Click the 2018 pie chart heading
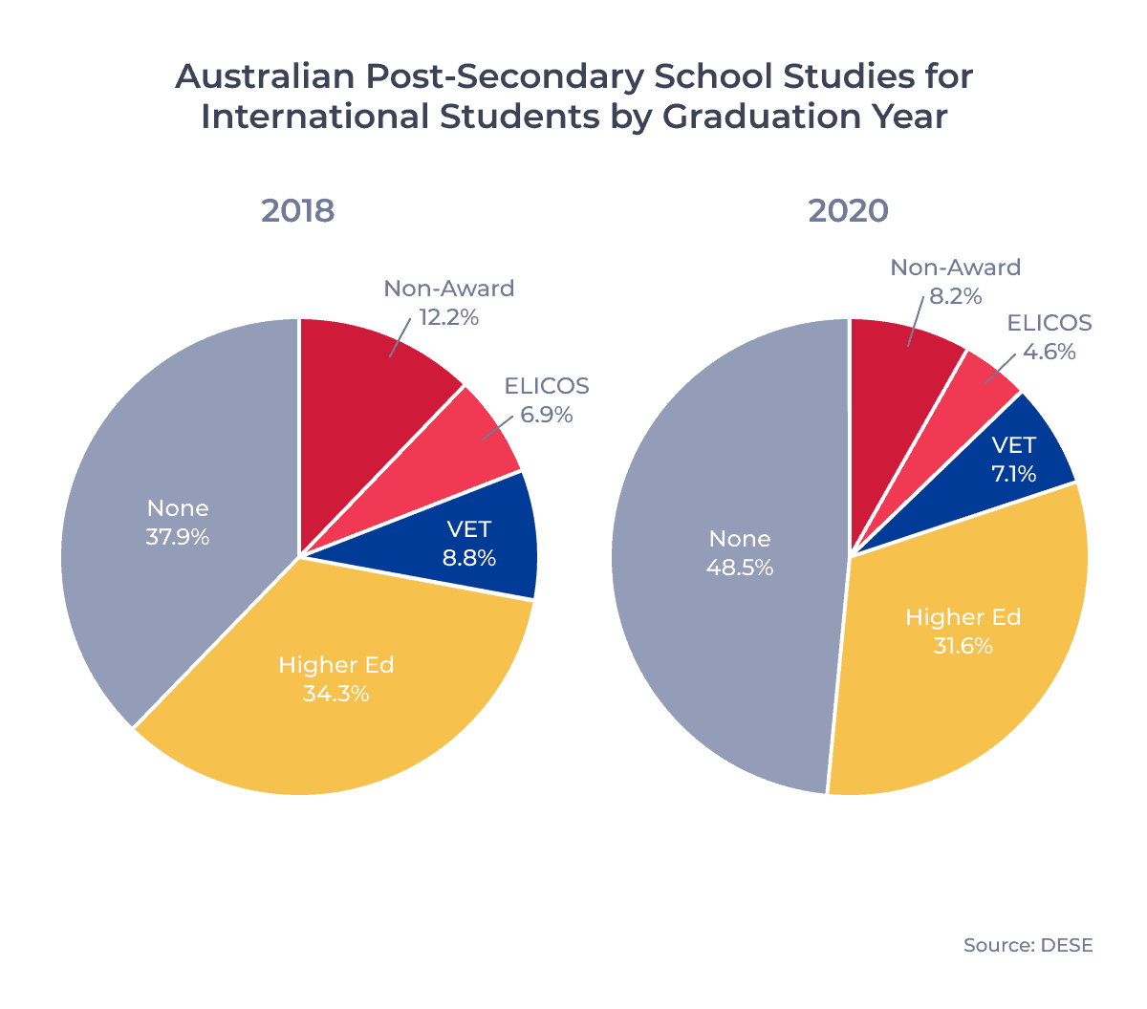coord(297,211)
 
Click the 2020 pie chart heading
coord(848,211)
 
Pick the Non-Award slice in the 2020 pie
coord(898,358)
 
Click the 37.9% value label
coord(178,537)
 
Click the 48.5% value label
coord(739,568)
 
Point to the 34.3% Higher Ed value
coord(335,694)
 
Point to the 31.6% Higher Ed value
coord(963,646)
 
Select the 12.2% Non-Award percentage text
coord(448,317)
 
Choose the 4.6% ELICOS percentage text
coord(1049,352)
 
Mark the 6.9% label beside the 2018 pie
coord(546,415)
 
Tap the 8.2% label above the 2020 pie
coord(955,296)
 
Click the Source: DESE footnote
coord(1028,945)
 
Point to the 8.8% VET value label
coord(468,558)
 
